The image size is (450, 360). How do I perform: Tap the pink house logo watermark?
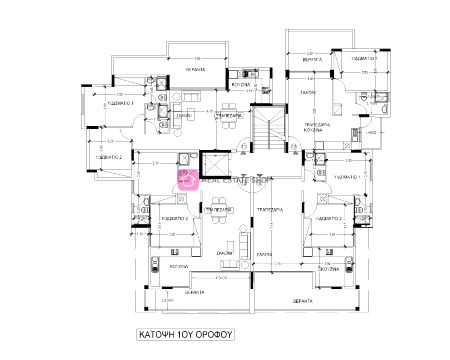click(x=187, y=179)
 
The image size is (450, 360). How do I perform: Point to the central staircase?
click(x=268, y=129)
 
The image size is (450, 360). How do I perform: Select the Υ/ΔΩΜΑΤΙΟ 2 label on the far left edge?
click(x=108, y=157)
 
